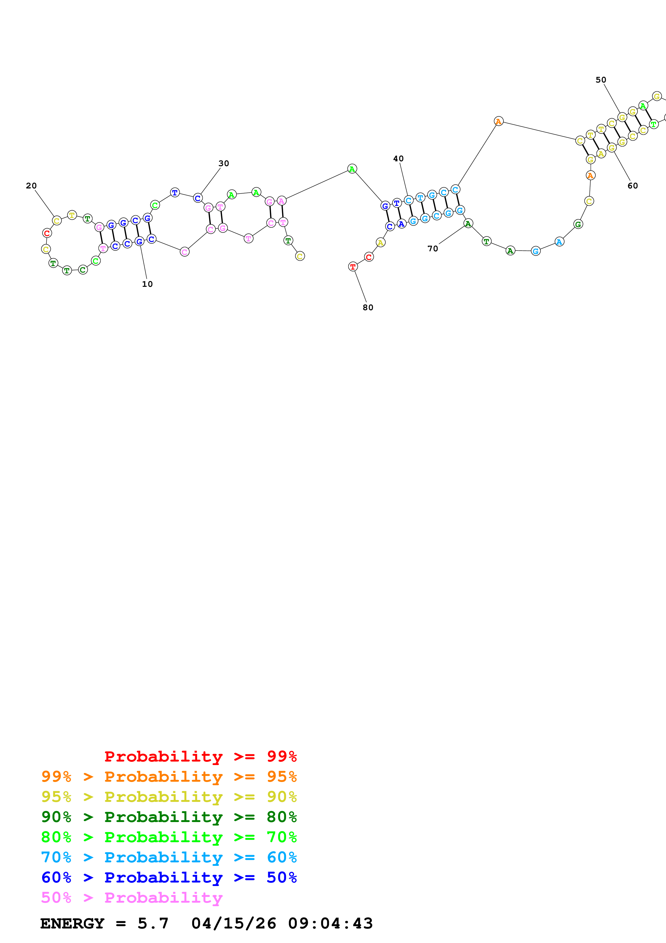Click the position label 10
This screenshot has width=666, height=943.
(147, 284)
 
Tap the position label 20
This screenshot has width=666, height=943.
(31, 186)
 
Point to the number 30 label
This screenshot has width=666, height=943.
(224, 163)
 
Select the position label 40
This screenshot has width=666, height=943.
(398, 159)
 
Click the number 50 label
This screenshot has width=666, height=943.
(601, 80)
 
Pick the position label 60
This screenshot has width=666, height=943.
(633, 186)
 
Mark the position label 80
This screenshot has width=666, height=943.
(368, 308)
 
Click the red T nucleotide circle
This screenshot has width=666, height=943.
(353, 267)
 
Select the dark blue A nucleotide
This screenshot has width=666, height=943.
(401, 224)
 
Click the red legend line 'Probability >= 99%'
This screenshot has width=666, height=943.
(200, 756)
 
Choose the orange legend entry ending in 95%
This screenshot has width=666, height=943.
(169, 777)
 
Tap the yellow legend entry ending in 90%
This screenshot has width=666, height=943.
(169, 797)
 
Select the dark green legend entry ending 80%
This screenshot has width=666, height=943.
(169, 817)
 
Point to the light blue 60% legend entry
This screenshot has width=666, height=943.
(169, 857)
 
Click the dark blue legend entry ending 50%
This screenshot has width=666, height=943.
(169, 877)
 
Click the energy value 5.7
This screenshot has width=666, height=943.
(153, 923)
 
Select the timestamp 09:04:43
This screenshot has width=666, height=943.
(330, 923)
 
